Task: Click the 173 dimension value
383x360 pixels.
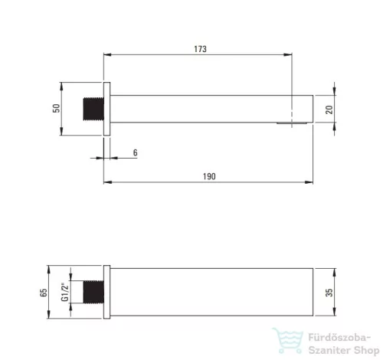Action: click(x=200, y=49)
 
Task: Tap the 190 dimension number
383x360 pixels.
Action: click(x=209, y=176)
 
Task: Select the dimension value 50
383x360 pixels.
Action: click(x=57, y=108)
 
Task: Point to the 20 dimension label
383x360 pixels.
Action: click(x=329, y=110)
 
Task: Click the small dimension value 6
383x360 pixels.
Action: click(x=136, y=152)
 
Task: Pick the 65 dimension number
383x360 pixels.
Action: click(x=44, y=293)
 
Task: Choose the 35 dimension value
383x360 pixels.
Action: click(x=329, y=293)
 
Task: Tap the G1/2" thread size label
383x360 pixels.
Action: click(x=65, y=292)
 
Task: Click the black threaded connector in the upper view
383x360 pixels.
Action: click(x=93, y=109)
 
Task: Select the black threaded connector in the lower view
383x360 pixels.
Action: click(x=93, y=292)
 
